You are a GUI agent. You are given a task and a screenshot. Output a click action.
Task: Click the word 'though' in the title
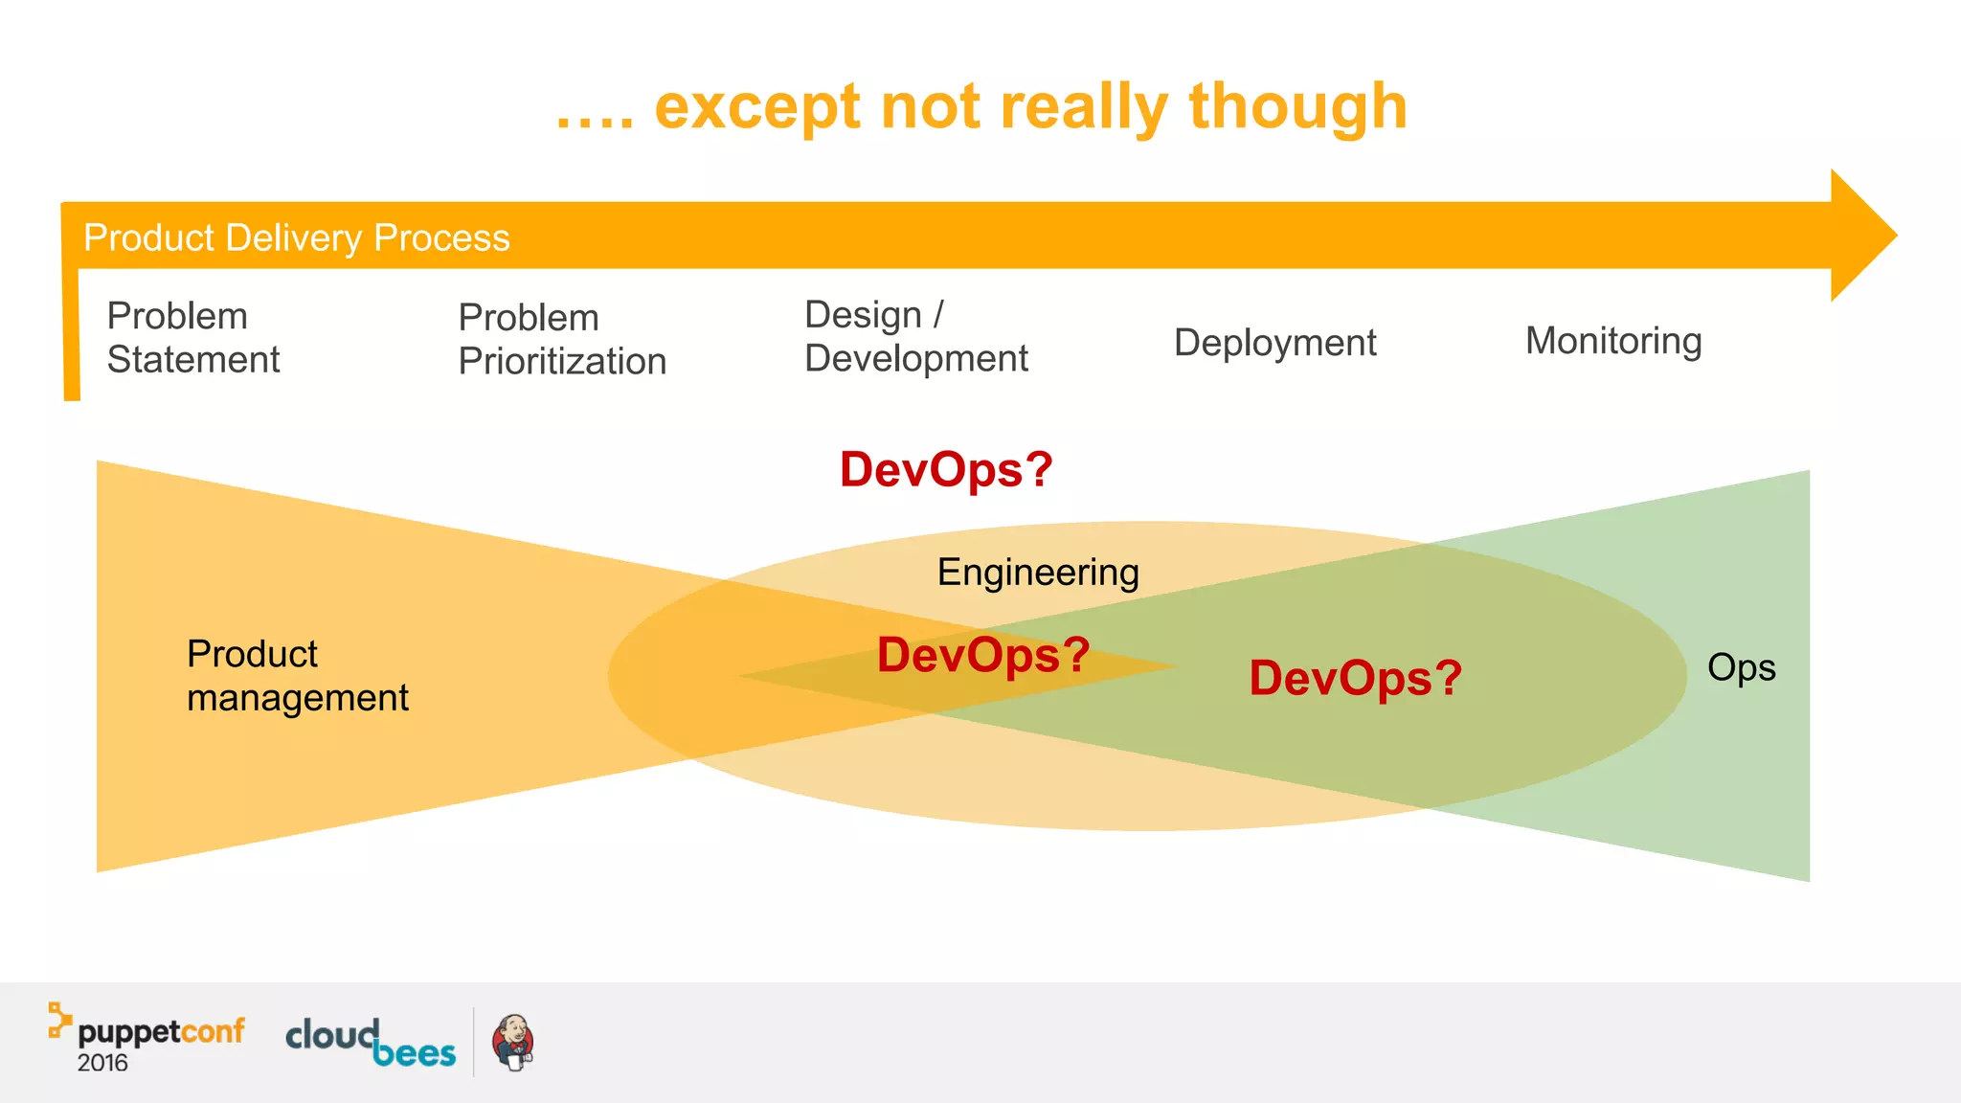tap(1297, 107)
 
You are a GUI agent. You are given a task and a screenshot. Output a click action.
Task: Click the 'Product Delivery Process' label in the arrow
tap(296, 237)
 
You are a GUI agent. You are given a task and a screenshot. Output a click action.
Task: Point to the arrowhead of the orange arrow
tap(1861, 236)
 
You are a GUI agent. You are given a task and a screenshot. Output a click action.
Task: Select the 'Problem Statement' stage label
tap(192, 337)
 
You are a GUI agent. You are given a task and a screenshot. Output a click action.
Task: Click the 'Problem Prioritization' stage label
tap(562, 339)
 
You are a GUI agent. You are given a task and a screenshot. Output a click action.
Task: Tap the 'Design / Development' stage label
tap(915, 336)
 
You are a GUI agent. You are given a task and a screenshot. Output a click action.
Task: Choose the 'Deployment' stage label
tap(1274, 342)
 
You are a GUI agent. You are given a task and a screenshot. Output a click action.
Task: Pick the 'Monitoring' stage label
tap(1613, 340)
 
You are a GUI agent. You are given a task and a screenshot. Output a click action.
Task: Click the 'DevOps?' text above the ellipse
tap(946, 469)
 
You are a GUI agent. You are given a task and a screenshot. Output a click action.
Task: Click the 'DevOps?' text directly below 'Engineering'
tap(983, 655)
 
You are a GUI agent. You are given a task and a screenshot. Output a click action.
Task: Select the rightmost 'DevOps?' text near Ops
tap(1355, 678)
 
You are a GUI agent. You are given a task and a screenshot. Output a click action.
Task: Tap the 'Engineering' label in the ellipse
tap(1038, 572)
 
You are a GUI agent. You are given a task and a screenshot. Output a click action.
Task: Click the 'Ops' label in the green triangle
tap(1741, 667)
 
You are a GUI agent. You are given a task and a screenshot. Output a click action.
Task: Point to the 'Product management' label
tap(297, 675)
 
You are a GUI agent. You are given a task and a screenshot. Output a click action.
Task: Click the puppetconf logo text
tap(160, 1031)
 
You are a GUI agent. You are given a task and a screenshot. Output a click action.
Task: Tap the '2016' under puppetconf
tap(102, 1063)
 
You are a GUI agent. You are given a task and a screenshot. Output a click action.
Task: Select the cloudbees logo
tap(371, 1042)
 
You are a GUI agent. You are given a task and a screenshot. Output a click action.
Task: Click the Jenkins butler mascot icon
tap(513, 1042)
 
